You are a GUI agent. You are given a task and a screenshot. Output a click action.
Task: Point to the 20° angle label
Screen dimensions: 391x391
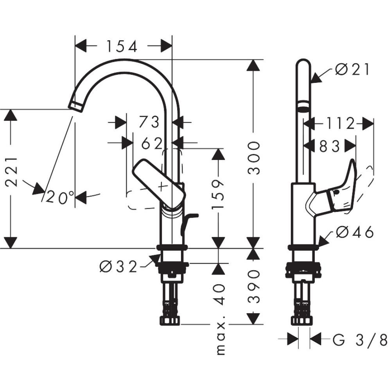coord(60,198)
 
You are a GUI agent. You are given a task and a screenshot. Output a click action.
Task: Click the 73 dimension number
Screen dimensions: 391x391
coord(149,122)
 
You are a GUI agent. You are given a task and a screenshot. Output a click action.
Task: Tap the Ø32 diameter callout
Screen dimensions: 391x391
coord(119,267)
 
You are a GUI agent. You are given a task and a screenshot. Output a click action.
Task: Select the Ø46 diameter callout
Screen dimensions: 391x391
coord(355,233)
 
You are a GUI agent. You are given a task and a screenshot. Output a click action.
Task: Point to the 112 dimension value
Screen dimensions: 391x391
coord(338,124)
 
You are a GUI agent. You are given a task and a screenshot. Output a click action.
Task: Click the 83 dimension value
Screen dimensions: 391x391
coord(330,146)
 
